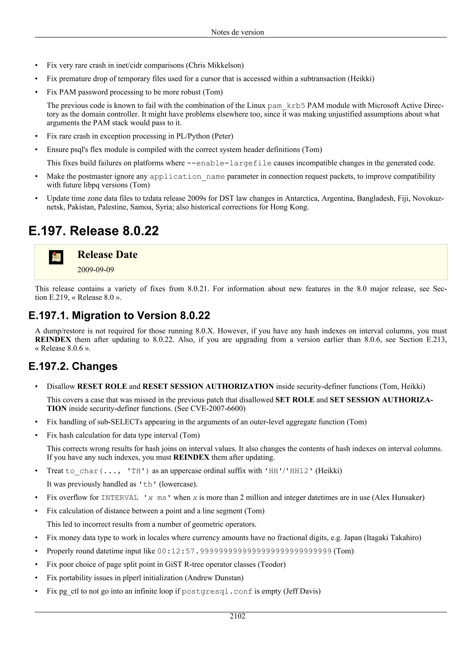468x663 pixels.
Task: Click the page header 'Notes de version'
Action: click(237, 32)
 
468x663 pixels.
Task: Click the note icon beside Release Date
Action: click(56, 257)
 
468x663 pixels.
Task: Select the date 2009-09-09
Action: click(96, 270)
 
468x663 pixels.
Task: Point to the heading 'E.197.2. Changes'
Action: click(73, 366)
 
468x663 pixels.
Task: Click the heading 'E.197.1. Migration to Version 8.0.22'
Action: click(119, 315)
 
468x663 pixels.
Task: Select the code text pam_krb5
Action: click(286, 106)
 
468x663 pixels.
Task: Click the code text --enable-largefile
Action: click(229, 163)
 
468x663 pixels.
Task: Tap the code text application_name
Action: click(187, 176)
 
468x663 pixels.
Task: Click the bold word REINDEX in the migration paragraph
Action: click(53, 340)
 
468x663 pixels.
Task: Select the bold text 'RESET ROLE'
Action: click(102, 386)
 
